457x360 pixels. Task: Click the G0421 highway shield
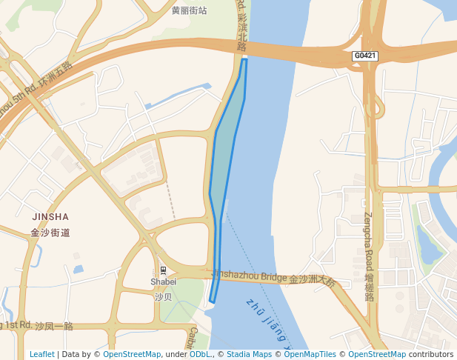(x=364, y=56)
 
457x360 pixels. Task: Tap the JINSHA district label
(x=50, y=217)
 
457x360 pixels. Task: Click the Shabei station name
(x=164, y=281)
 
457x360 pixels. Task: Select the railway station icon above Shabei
(x=164, y=270)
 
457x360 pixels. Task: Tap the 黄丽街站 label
(x=189, y=10)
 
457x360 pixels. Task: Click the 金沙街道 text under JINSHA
(x=50, y=233)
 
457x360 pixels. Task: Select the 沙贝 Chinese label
(x=164, y=296)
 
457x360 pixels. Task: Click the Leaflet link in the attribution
(x=42, y=355)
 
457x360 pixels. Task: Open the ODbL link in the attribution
(x=200, y=355)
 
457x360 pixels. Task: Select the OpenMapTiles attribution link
(x=310, y=355)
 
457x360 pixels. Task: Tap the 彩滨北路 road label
(x=241, y=34)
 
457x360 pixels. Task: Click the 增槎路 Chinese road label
(x=368, y=287)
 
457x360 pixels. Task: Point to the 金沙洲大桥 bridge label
(x=312, y=281)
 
